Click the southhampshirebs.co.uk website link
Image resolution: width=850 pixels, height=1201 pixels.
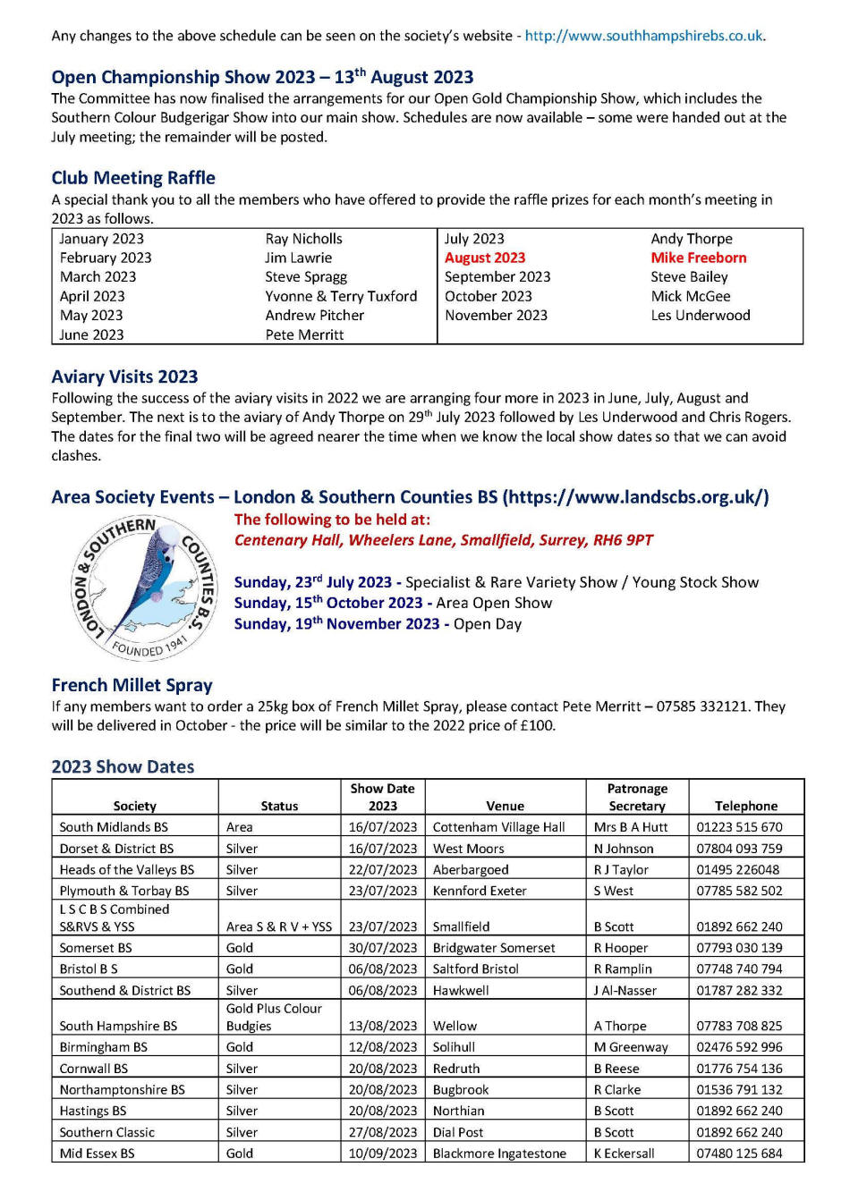[x=644, y=36]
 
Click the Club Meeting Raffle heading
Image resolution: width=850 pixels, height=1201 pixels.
[x=133, y=178]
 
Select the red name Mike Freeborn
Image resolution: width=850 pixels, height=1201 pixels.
[x=698, y=258]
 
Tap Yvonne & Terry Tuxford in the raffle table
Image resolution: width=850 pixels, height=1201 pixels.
[x=341, y=296]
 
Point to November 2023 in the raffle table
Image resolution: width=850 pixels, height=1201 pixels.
[x=496, y=315]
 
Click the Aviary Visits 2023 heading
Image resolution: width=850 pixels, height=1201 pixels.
[x=124, y=376]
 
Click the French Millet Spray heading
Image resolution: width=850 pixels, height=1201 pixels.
[x=132, y=686]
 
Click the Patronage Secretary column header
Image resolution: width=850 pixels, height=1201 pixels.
[x=637, y=797]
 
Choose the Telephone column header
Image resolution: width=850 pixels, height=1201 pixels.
[x=746, y=806]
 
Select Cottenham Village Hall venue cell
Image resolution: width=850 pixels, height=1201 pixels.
[x=498, y=827]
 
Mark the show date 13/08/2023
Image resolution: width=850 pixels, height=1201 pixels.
[x=382, y=1026]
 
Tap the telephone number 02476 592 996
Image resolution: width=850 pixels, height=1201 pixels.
[x=739, y=1047]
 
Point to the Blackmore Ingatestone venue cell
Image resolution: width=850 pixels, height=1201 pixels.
[x=499, y=1154]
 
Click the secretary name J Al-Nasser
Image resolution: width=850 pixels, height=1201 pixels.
[x=625, y=991]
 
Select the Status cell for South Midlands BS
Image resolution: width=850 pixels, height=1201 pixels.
[x=240, y=827]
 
